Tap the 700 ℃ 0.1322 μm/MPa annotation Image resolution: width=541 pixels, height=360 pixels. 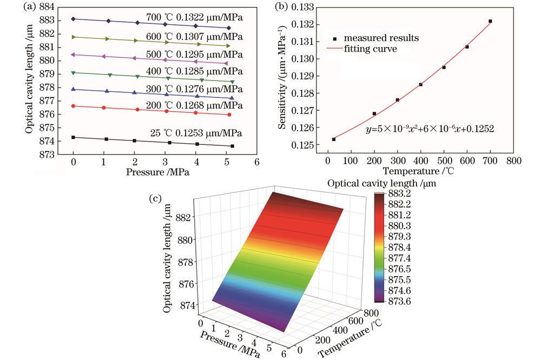pyautogui.click(x=195, y=17)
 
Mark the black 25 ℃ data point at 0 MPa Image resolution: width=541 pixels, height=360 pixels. pyautogui.click(x=73, y=137)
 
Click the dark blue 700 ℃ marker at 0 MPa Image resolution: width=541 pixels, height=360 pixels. pyautogui.click(x=73, y=19)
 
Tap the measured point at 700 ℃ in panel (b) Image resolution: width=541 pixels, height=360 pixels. pyautogui.click(x=490, y=21)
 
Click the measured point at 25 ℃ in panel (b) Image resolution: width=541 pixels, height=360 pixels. pyautogui.click(x=334, y=139)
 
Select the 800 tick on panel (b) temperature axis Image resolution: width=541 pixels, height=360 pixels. pyautogui.click(x=512, y=161)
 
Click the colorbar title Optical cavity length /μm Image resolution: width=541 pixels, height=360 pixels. pyautogui.click(x=382, y=183)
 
